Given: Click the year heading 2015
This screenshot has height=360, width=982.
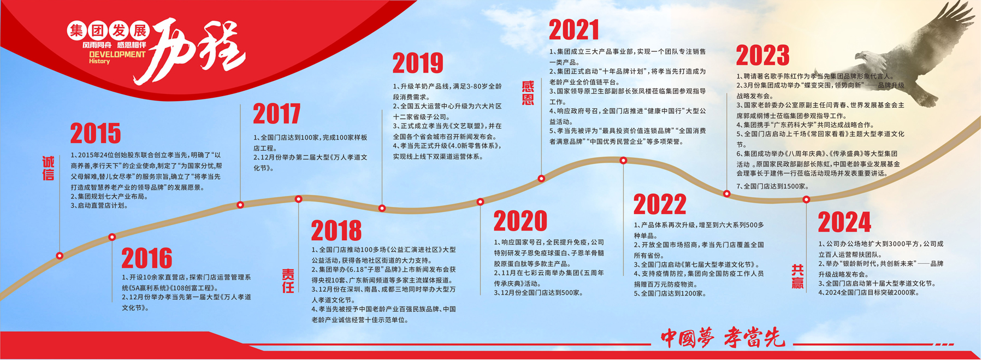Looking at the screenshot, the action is point(96,133).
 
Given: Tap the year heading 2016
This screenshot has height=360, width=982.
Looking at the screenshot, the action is point(146,258).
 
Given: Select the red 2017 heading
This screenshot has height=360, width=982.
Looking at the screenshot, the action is point(277,114).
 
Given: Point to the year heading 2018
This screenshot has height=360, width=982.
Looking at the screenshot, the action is point(336,230).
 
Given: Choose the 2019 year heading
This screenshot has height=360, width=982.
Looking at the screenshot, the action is point(418,63).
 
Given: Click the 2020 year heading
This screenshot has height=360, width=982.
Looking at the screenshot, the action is point(520,221).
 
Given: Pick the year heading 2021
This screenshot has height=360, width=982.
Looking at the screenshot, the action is point(574,29).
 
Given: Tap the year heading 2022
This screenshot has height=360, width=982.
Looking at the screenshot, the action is point(660,204).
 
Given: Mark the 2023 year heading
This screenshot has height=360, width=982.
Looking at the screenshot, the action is point(762,55).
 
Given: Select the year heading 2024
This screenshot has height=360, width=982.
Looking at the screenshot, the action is point(844,222).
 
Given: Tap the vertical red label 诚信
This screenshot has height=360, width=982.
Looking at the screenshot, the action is point(49,168).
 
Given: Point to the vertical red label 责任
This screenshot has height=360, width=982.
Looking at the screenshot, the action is point(288,280).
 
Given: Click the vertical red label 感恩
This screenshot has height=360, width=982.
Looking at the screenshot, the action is point(528,93).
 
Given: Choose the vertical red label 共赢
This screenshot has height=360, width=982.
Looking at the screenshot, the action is point(798,276).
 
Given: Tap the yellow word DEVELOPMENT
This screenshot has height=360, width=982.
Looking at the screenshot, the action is point(117,54).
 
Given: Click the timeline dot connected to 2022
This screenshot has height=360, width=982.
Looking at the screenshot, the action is point(623,161).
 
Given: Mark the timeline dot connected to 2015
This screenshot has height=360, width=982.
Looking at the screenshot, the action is point(60,256).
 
